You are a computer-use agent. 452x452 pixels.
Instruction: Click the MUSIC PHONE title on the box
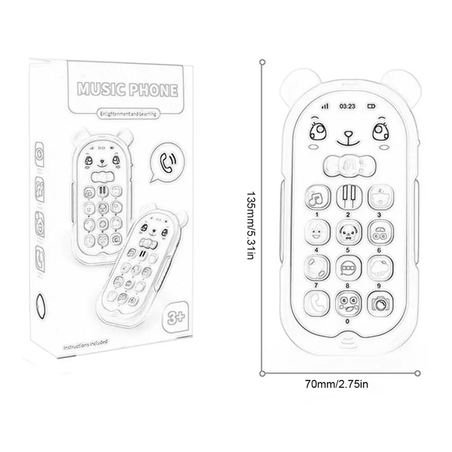[x=128, y=89]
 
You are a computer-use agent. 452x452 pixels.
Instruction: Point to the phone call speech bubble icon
[x=167, y=162]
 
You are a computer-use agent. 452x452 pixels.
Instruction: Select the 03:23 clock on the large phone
[x=347, y=106]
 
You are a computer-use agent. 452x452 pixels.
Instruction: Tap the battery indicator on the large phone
[x=371, y=107]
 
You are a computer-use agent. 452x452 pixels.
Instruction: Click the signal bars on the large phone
[x=324, y=107]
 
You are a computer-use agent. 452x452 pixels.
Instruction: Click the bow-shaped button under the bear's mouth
[x=347, y=166]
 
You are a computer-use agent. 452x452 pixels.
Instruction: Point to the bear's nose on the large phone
[x=347, y=133]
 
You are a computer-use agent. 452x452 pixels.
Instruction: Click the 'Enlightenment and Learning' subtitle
[x=128, y=115]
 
